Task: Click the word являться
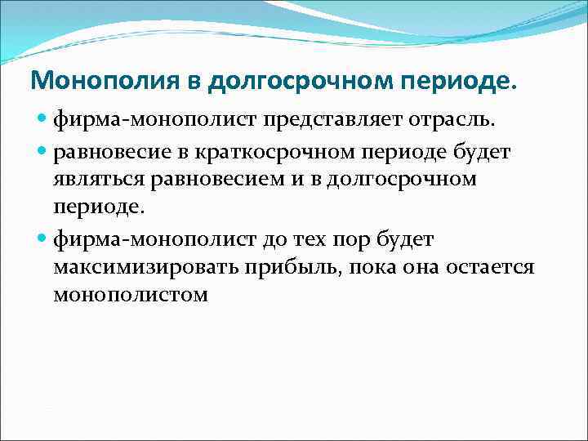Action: pyautogui.click(x=96, y=179)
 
